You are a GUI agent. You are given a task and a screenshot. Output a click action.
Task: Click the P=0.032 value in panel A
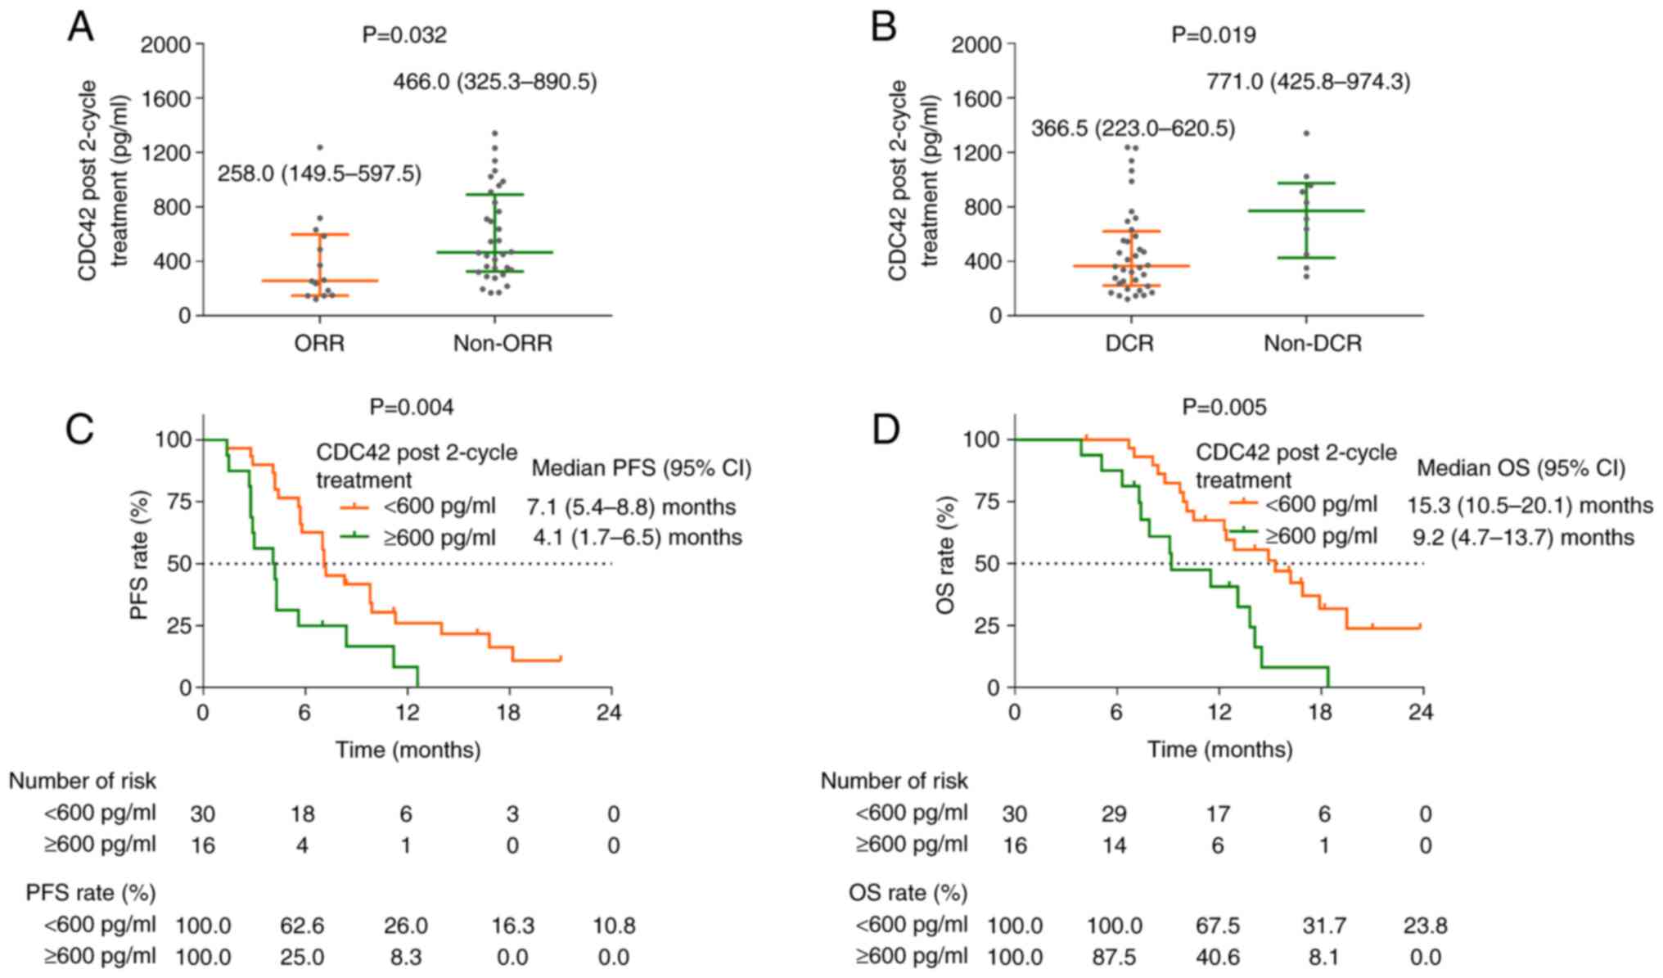(x=404, y=35)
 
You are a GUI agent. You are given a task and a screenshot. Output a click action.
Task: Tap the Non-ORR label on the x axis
(x=503, y=343)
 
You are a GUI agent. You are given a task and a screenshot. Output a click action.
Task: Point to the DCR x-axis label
(x=1129, y=343)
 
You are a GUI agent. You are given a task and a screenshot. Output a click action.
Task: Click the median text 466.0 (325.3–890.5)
(x=494, y=83)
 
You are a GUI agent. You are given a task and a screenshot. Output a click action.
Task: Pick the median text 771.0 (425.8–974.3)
(x=1308, y=83)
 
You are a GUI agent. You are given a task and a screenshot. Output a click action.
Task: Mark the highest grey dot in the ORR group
(x=320, y=147)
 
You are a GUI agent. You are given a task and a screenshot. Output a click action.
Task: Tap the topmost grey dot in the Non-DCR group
(x=1306, y=133)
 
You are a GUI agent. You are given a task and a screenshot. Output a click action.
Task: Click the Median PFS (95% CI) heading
(x=641, y=469)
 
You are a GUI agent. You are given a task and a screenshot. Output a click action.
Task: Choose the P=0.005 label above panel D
(x=1224, y=407)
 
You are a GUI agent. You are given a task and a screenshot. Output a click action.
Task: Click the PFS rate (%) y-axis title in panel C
(x=141, y=553)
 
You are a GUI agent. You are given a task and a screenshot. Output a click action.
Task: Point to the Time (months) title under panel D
(x=1219, y=749)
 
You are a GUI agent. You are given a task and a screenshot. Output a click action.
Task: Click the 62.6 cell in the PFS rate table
(x=302, y=926)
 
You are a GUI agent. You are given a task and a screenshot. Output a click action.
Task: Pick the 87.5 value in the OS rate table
(x=1114, y=957)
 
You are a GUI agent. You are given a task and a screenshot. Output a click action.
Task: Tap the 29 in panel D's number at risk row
(x=1114, y=814)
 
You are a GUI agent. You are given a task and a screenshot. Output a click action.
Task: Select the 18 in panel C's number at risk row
(x=302, y=814)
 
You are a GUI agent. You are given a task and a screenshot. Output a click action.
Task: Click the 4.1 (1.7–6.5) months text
(x=634, y=538)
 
